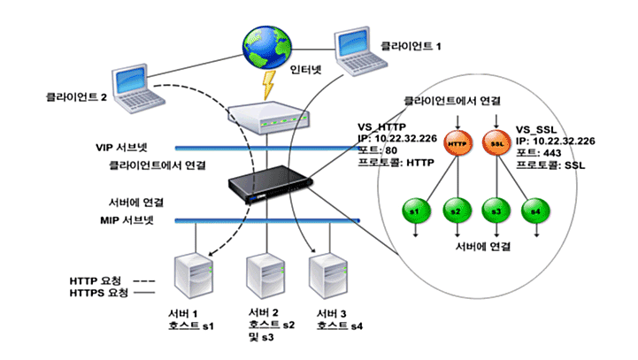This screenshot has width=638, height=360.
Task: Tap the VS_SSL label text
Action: (539, 127)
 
